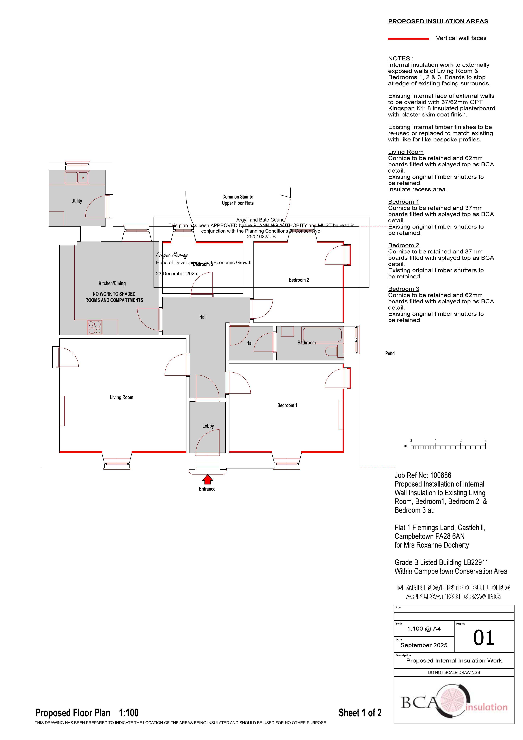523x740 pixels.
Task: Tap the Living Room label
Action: [x=121, y=397]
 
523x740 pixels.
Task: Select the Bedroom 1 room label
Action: [x=287, y=405]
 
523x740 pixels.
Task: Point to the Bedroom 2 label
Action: [x=299, y=280]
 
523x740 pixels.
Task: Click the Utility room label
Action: [x=77, y=201]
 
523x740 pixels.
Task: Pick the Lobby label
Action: [x=208, y=426]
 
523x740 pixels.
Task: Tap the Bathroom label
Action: [x=306, y=343]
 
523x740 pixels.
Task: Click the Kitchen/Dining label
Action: [x=112, y=284]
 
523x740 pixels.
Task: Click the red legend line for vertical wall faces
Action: [x=408, y=39]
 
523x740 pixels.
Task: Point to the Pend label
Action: [x=390, y=354]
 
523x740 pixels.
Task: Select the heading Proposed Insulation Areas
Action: [x=438, y=22]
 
